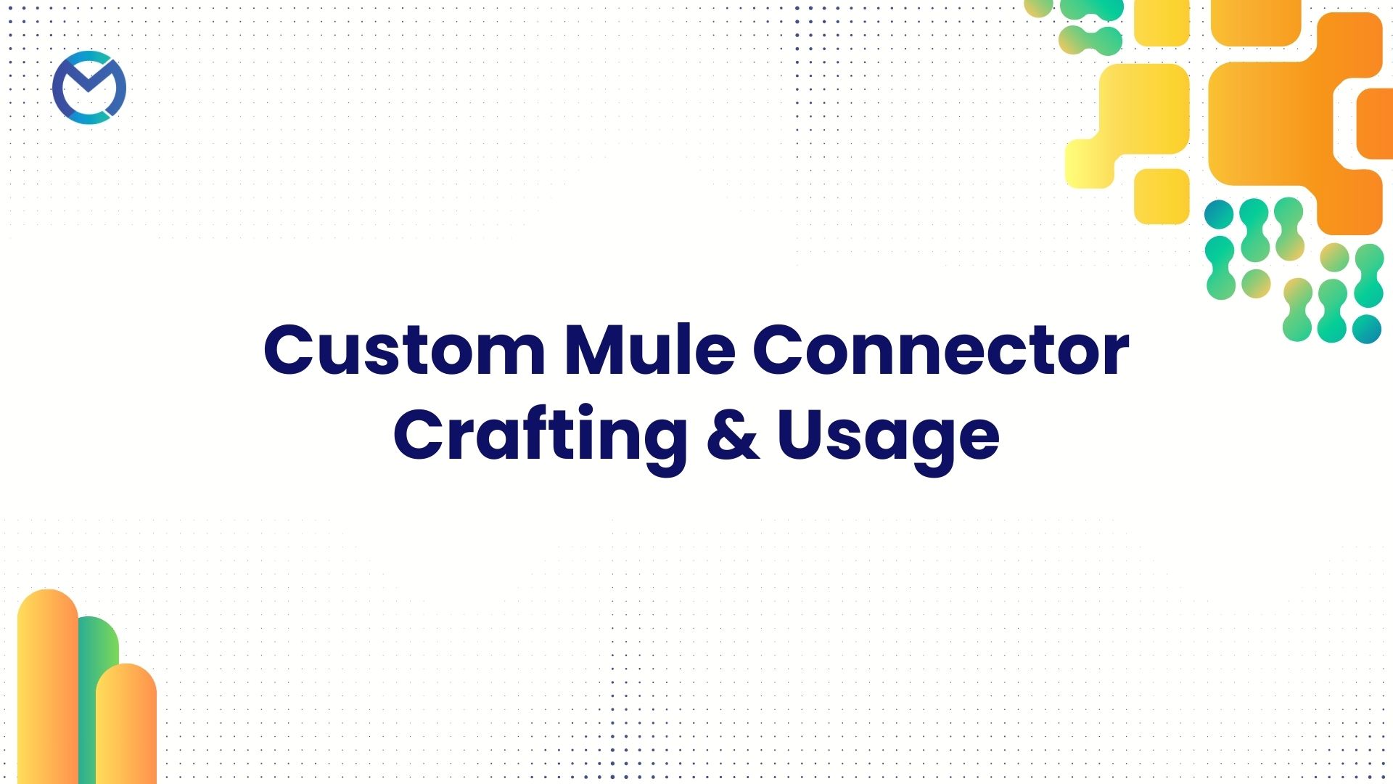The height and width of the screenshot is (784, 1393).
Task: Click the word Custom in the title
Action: [x=404, y=350]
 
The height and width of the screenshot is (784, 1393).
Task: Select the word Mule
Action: [x=649, y=350]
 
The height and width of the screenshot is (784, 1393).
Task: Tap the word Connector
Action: [x=940, y=350]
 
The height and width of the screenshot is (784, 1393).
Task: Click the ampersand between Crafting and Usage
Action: [x=732, y=436]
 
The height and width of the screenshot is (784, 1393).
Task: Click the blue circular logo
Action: [x=89, y=88]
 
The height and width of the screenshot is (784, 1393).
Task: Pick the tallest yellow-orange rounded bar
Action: [x=46, y=690]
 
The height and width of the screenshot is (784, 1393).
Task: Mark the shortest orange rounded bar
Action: [x=126, y=726]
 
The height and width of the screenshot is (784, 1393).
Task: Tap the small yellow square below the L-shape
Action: [x=1162, y=196]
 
